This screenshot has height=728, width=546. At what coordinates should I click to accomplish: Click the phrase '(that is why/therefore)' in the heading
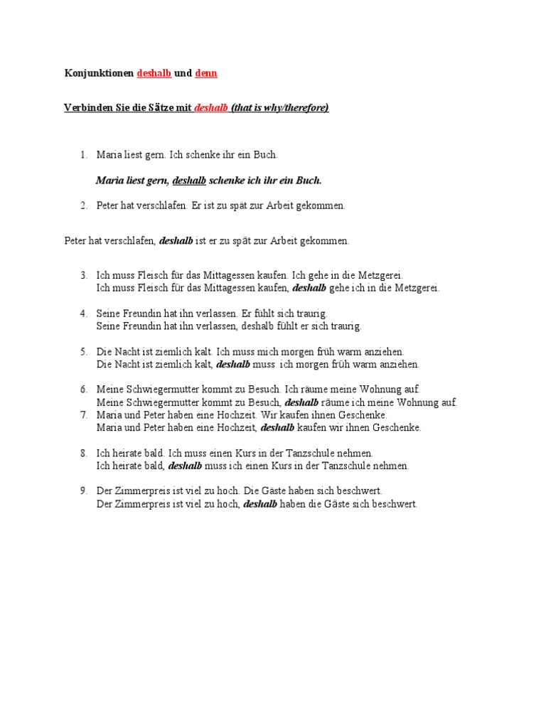(279, 108)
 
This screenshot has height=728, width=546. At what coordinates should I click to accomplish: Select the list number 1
(82, 154)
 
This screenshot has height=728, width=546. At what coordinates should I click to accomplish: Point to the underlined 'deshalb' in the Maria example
(189, 181)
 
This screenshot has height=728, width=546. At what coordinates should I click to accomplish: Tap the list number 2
(82, 205)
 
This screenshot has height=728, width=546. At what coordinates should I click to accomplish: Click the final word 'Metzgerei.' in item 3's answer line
(417, 288)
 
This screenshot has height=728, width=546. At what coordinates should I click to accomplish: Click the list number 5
(82, 352)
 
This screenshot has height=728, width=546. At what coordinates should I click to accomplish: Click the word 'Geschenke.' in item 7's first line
(364, 414)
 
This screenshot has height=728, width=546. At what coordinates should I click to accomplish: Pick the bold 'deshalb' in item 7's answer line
(278, 428)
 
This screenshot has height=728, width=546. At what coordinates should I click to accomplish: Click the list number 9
(82, 491)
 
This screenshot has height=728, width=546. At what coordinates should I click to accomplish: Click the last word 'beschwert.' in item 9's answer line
(393, 504)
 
